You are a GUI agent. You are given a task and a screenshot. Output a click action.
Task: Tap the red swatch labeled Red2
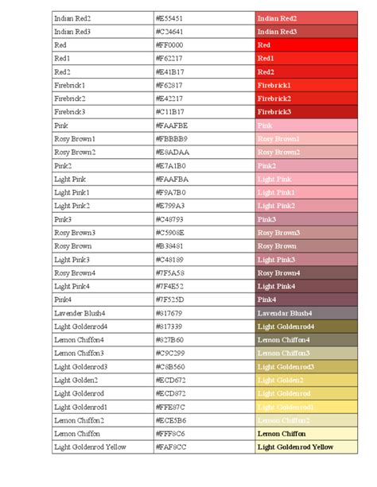306,72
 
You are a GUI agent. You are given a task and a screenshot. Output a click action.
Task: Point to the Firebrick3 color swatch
306,112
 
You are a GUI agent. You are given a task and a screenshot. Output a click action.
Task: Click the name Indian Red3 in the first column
72,31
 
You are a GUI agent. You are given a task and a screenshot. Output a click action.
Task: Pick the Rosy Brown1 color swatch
306,139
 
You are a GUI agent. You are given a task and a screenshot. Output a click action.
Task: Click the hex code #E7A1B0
171,166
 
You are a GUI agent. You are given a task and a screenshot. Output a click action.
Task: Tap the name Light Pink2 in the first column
72,206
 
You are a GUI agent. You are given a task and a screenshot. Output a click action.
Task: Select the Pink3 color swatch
306,219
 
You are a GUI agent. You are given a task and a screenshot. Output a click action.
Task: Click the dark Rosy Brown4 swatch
306,273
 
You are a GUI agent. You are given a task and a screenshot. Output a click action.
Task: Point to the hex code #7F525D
170,300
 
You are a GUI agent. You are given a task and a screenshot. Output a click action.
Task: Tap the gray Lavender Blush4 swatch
306,313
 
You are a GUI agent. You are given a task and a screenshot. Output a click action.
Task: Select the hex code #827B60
170,340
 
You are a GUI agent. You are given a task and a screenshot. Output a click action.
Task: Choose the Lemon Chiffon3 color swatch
306,354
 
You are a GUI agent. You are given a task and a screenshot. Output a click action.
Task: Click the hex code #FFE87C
170,407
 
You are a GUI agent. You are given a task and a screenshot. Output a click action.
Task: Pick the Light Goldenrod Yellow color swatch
306,447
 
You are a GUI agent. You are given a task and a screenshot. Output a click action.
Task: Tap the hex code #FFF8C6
170,434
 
